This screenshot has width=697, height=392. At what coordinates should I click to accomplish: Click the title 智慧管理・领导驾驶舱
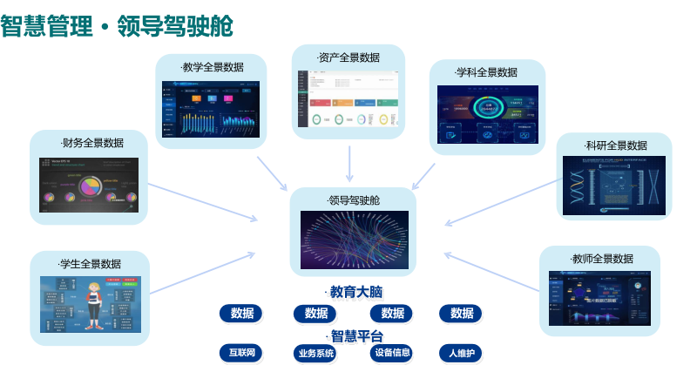(117, 25)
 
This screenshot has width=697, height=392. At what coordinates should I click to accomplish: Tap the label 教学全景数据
(213, 67)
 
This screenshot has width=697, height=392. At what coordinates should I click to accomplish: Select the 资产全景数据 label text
(348, 58)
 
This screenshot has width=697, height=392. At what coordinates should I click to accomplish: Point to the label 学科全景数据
(487, 72)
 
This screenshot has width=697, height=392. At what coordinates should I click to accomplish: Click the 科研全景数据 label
(616, 145)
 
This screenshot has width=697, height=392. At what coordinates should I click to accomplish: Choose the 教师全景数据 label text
(602, 259)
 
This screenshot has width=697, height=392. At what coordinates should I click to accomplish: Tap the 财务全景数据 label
(91, 143)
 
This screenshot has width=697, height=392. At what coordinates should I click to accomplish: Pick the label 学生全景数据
(90, 263)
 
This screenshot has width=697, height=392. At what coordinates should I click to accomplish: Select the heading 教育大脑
(355, 292)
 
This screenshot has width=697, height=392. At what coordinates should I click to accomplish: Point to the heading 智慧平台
(355, 335)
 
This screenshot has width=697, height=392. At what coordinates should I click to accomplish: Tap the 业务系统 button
(315, 354)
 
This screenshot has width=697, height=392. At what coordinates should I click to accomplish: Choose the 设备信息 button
(391, 353)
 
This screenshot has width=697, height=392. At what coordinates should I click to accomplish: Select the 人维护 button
(460, 354)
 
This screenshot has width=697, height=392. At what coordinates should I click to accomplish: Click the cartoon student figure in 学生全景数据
(94, 305)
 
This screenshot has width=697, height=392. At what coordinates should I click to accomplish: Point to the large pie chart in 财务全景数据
(91, 186)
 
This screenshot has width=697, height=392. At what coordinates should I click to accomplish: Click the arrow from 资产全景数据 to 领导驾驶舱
(349, 163)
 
